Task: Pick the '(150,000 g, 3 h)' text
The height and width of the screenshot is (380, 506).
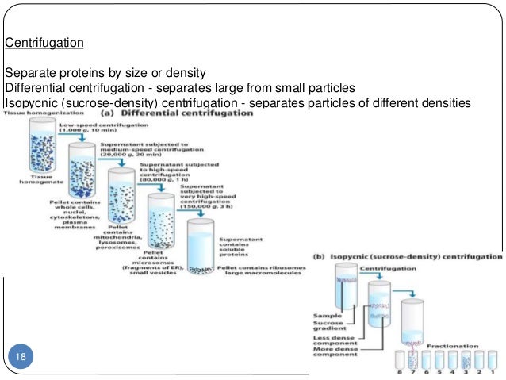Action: coord(210,208)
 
